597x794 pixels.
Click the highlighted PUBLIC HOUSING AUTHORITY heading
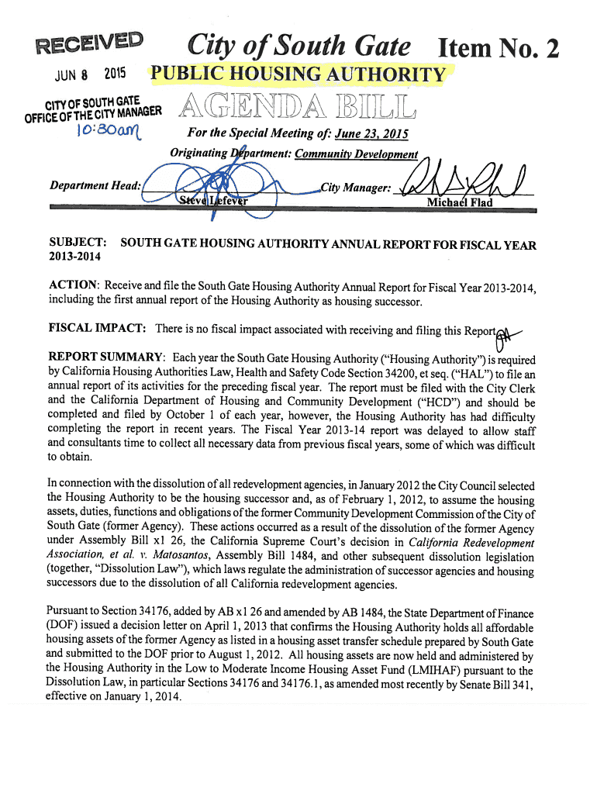tap(298, 75)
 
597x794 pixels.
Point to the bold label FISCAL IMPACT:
tap(97, 329)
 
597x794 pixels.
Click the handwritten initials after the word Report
tap(508, 332)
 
